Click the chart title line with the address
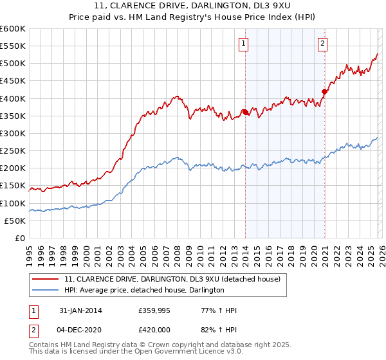click(192, 6)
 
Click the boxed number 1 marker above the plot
click(244, 44)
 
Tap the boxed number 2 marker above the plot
click(322, 44)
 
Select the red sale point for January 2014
click(246, 113)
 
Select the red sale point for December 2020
click(324, 91)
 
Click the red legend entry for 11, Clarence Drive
click(172, 280)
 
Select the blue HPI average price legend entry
click(144, 291)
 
